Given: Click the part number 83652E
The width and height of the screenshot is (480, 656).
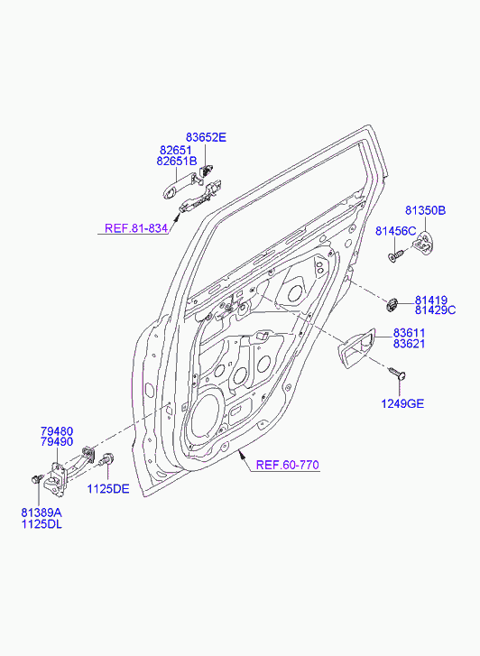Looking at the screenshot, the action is [x=206, y=137].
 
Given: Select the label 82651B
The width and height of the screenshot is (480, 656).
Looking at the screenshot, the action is [x=177, y=162].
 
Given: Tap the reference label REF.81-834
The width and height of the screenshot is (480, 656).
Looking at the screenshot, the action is [x=136, y=228].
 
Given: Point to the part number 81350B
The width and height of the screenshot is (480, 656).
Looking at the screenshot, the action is [x=425, y=210].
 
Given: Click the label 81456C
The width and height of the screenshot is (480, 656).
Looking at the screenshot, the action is [x=395, y=230].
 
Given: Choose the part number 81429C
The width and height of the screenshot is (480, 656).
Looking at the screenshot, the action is [x=435, y=310].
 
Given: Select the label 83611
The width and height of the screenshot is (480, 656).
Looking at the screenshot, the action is [x=409, y=333].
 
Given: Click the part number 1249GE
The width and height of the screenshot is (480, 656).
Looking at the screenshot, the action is [x=402, y=403].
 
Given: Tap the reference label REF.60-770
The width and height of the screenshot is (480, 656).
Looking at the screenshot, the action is [x=288, y=465].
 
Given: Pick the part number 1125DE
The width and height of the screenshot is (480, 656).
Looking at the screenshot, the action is [x=108, y=489].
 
